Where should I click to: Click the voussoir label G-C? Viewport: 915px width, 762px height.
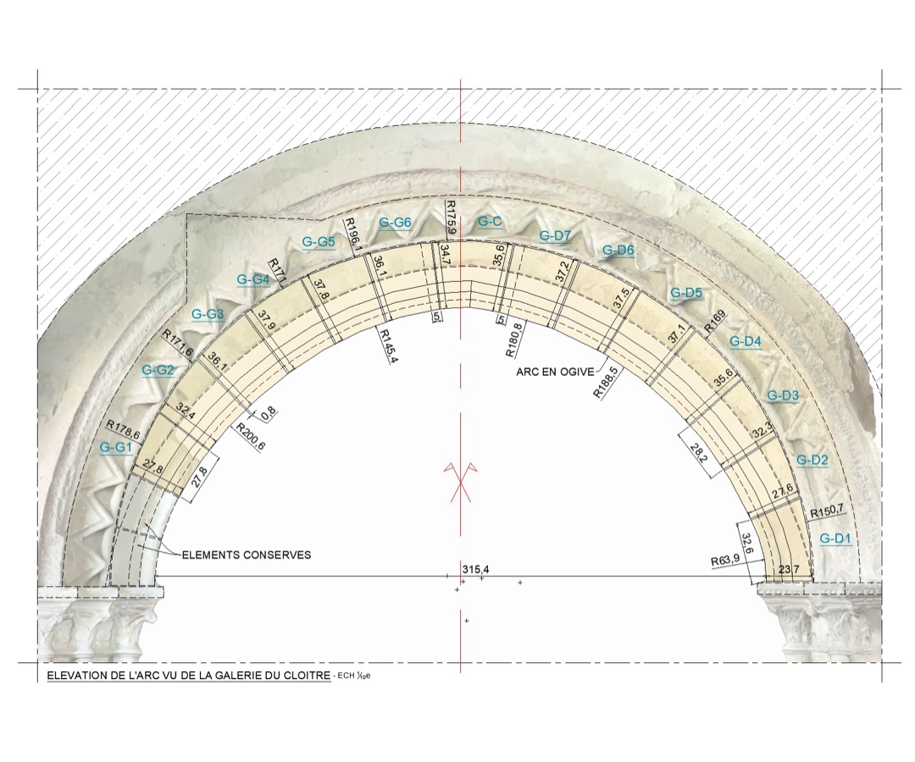tap(490, 222)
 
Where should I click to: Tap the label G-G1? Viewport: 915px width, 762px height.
tap(116, 448)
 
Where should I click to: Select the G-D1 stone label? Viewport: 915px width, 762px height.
tap(835, 538)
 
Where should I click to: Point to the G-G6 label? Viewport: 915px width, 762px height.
tap(395, 222)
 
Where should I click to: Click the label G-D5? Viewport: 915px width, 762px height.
tap(686, 293)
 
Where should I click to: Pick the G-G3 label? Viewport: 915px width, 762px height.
tap(208, 314)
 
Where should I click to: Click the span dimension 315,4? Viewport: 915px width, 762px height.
tap(475, 569)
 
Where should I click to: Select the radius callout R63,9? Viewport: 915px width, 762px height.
tap(724, 560)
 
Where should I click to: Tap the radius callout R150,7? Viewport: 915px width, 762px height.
tap(827, 511)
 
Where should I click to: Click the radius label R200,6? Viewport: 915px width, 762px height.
tap(251, 437)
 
